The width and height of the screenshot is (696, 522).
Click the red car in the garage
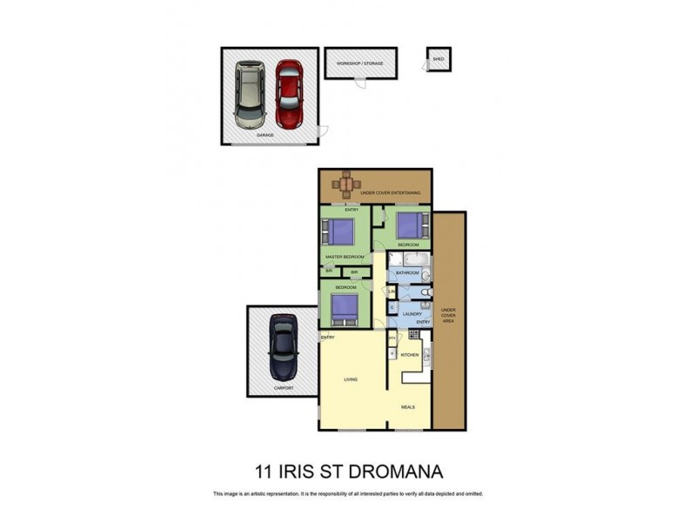(289, 94)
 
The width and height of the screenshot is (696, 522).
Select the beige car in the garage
(249, 92)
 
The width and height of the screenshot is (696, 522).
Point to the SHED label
(438, 59)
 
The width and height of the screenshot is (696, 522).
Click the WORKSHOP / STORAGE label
(360, 63)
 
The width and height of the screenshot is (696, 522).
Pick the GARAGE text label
(264, 136)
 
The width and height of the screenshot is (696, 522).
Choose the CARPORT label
(284, 388)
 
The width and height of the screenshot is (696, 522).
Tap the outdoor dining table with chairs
(347, 184)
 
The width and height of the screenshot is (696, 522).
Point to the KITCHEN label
(410, 355)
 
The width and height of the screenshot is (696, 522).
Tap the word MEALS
(408, 406)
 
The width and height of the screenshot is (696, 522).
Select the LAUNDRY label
(412, 313)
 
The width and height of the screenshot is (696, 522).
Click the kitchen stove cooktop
(414, 335)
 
